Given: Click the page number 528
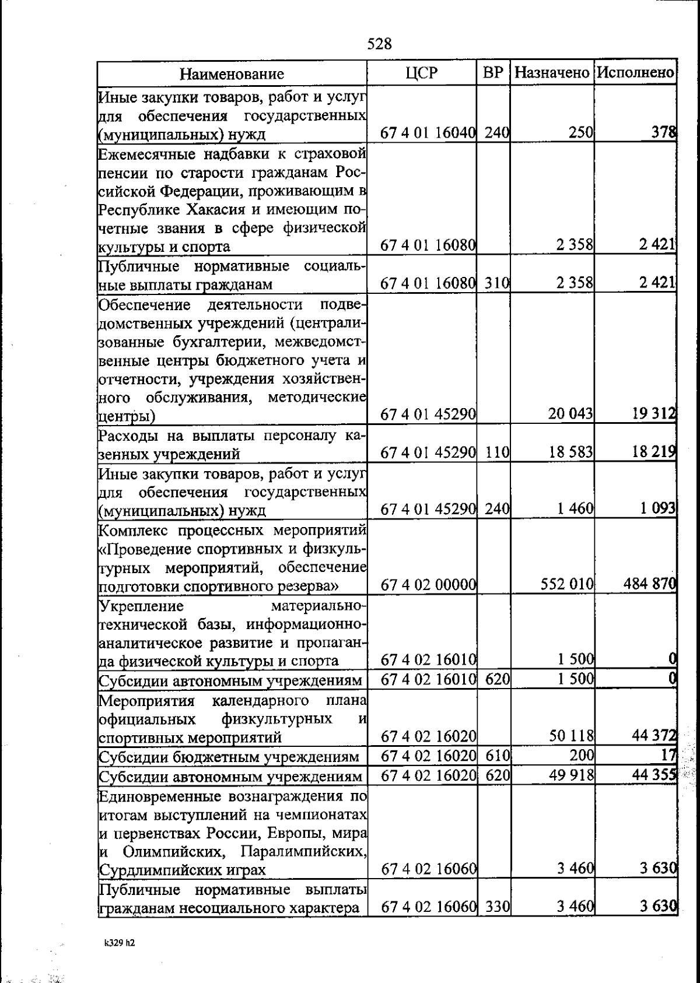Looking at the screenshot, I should (380, 44).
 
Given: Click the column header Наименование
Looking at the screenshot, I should (232, 74).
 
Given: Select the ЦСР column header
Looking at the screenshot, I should (421, 73).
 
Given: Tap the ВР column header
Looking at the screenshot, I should (493, 73).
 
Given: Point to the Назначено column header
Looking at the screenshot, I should (552, 73).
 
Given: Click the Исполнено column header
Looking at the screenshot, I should (636, 73).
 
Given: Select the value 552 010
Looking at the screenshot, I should (567, 584).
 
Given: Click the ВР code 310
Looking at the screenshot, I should (497, 284).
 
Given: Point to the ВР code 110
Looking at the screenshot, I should (497, 452).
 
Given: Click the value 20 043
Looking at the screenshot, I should (570, 414).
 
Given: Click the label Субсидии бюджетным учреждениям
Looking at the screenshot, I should (229, 757).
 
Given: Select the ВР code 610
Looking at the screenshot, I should (497, 756).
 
